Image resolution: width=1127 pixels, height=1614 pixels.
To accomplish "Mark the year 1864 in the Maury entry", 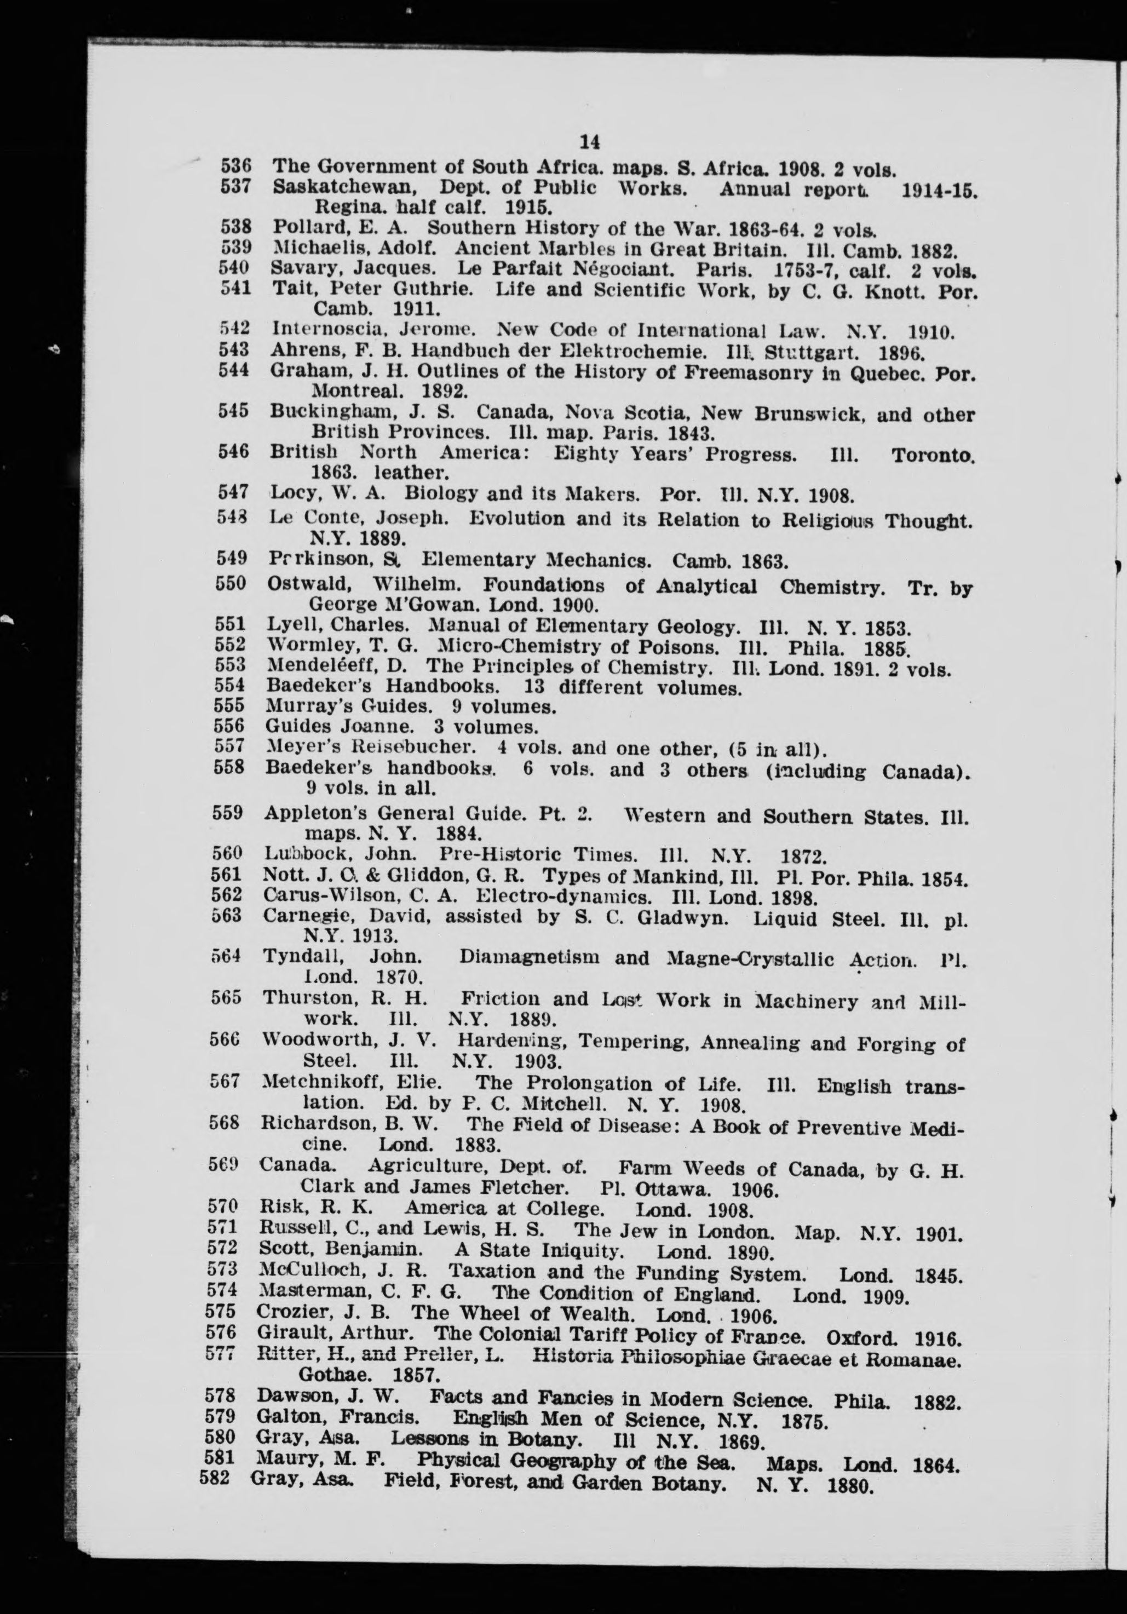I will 936,1462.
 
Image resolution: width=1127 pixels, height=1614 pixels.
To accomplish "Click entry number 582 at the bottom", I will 215,1480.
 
